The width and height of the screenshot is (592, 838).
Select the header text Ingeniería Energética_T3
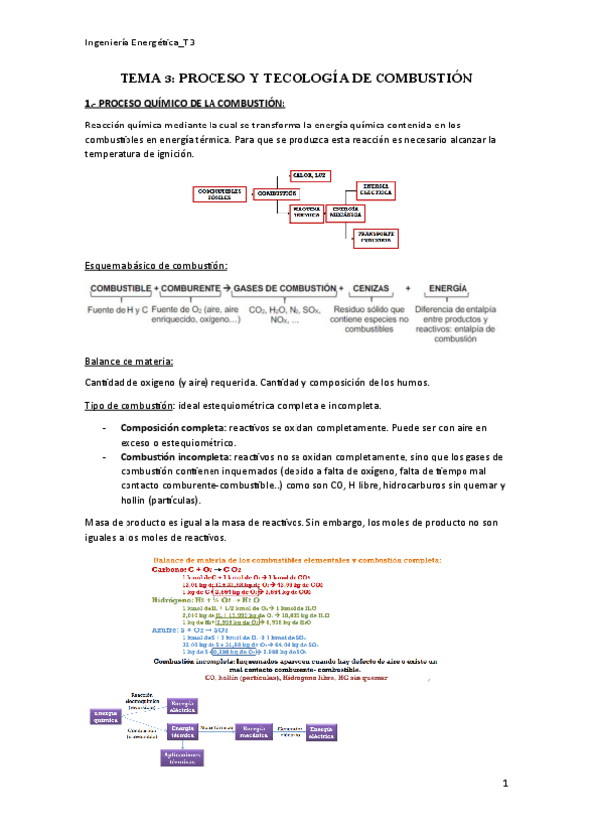click(x=138, y=42)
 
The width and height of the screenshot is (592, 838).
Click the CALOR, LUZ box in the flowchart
click(x=308, y=175)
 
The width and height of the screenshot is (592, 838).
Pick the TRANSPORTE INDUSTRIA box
click(x=376, y=237)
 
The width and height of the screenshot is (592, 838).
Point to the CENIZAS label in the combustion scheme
click(x=377, y=287)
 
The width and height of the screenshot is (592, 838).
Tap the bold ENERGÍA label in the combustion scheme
click(x=448, y=287)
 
